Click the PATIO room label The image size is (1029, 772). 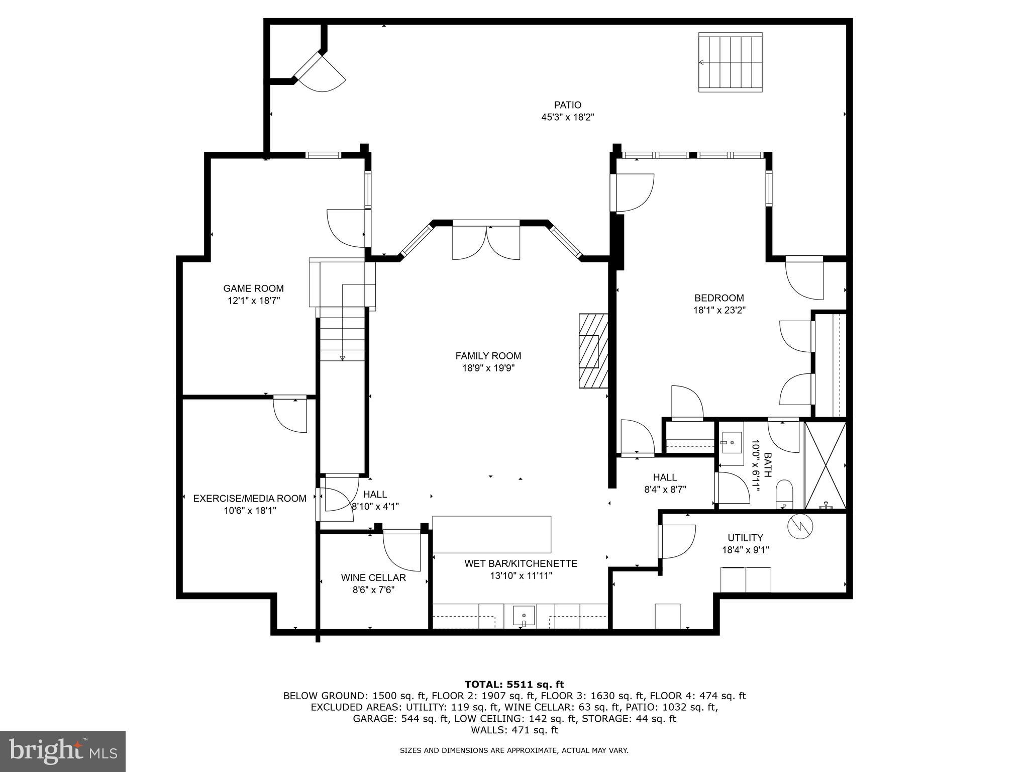tap(568, 105)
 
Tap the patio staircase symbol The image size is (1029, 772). tap(731, 62)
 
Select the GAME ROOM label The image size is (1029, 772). tap(253, 288)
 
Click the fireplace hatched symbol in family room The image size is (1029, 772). tap(593, 351)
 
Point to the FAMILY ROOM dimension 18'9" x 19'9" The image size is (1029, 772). tap(488, 368)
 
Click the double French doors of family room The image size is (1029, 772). tap(486, 243)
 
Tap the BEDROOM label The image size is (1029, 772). tap(719, 298)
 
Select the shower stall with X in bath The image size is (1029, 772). tap(826, 465)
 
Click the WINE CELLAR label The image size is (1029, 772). tap(373, 578)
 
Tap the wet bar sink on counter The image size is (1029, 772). tap(524, 616)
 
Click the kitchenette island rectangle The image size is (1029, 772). tap(491, 534)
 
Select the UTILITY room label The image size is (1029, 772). tap(745, 538)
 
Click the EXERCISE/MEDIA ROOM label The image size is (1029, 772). tap(250, 499)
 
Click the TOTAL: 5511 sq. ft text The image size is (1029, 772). tap(514, 684)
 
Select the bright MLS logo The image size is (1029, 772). tap(63, 751)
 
